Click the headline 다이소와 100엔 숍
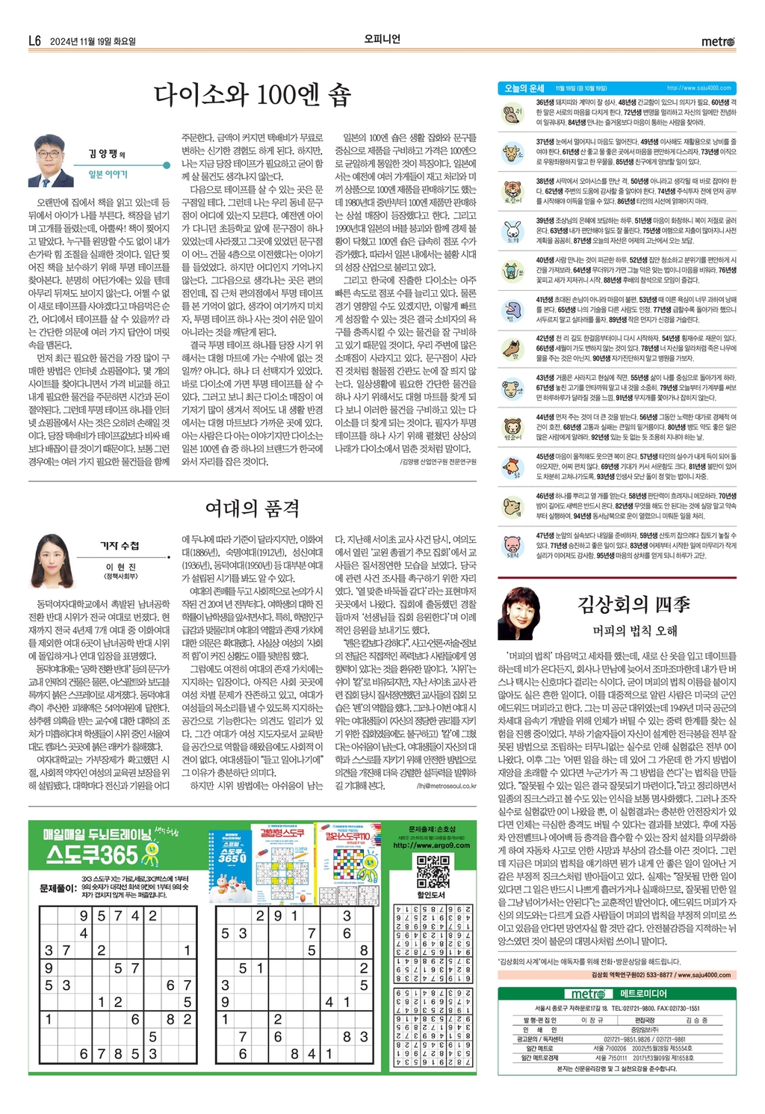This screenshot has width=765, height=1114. point(252,96)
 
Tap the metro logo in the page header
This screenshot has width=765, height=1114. point(718,41)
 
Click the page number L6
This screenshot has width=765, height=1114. point(34,41)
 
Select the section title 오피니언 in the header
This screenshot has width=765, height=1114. point(382,40)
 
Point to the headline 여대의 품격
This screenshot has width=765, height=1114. point(252,508)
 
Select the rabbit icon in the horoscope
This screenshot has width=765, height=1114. point(512,231)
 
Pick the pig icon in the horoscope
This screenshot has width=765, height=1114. point(512,546)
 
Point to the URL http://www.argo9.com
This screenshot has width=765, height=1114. point(431,846)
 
